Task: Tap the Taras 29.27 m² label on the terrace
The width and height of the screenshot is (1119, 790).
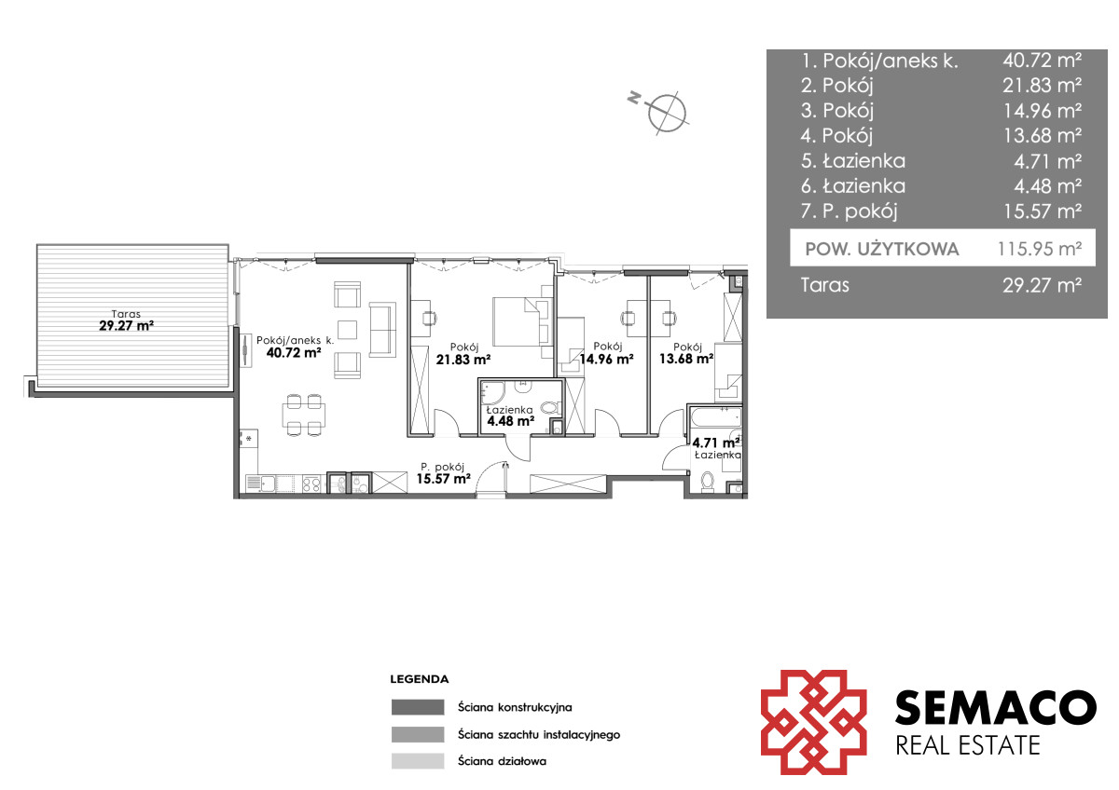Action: click(127, 320)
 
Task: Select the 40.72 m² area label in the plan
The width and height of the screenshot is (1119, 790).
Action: click(294, 353)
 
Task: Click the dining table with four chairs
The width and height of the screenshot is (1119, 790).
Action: click(304, 415)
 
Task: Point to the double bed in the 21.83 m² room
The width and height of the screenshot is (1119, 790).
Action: click(522, 321)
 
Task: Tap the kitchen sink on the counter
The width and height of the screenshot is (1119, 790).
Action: click(261, 484)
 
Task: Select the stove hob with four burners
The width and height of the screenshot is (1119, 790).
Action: click(311, 484)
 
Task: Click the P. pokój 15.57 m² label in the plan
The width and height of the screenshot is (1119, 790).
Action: click(444, 473)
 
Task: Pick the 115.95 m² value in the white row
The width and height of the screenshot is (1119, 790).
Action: click(1040, 249)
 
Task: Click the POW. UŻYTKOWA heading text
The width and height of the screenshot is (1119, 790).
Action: click(882, 249)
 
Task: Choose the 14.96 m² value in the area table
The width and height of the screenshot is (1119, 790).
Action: click(1043, 111)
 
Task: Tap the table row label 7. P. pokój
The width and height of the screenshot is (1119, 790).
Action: click(849, 211)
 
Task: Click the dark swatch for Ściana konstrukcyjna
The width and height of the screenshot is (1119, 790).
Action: click(418, 707)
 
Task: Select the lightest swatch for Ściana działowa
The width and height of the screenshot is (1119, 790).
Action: click(418, 761)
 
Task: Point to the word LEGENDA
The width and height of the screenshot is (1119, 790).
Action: click(419, 679)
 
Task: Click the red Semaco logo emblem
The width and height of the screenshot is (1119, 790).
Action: click(813, 722)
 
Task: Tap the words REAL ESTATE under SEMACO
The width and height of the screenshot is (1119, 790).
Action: click(968, 745)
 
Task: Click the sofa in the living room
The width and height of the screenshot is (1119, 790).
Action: click(382, 330)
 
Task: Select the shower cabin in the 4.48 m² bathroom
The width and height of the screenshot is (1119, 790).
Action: click(491, 392)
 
